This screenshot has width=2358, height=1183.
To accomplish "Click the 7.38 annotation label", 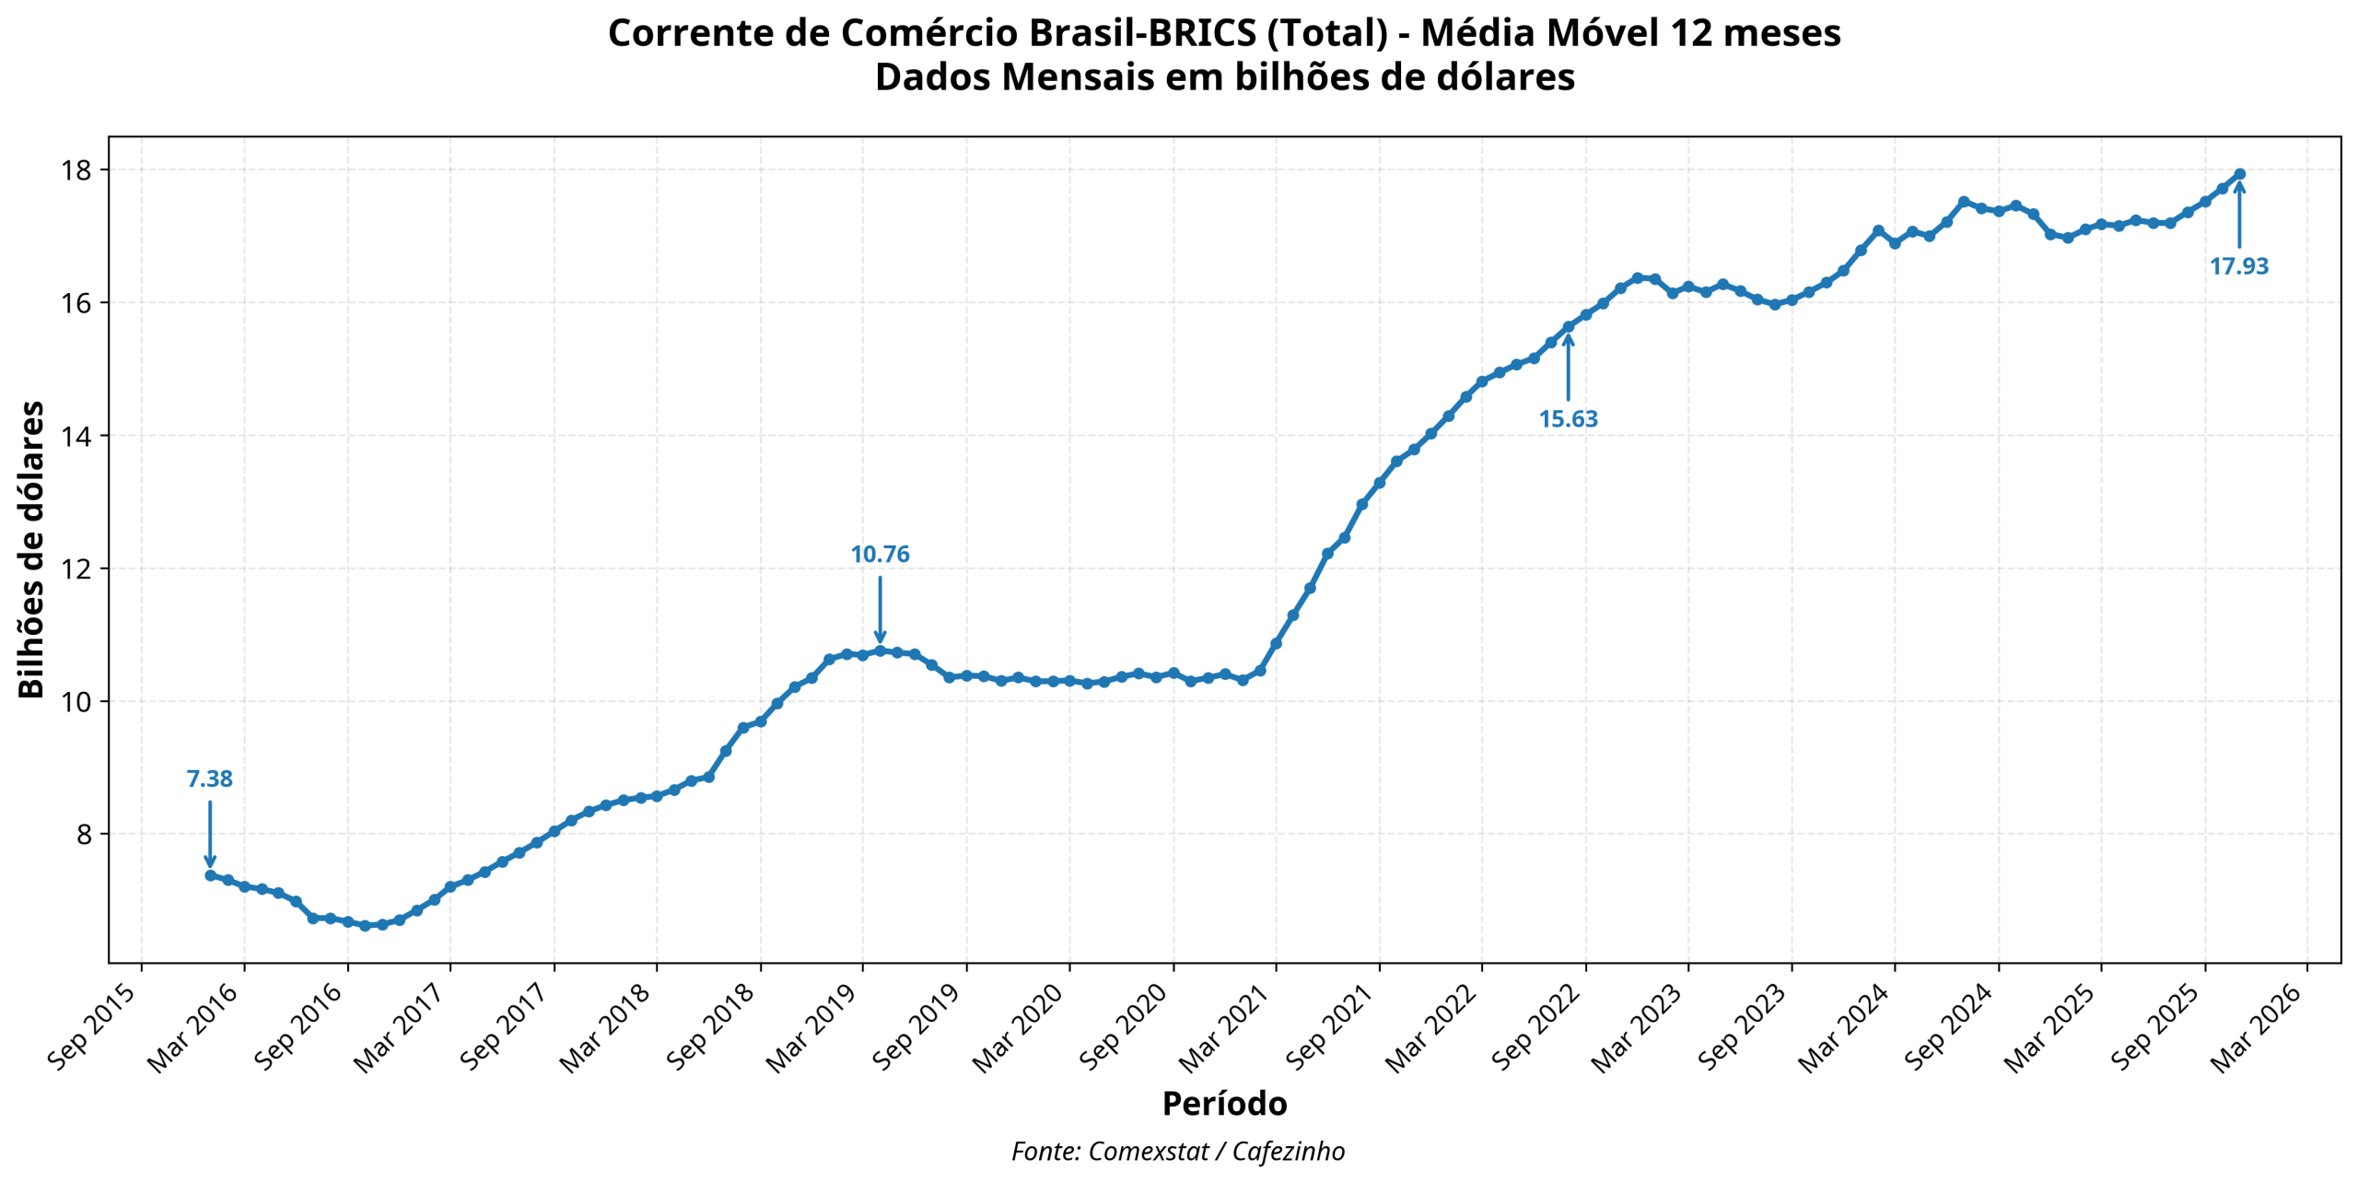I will [x=209, y=779].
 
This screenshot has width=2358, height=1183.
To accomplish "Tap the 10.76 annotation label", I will [x=880, y=555].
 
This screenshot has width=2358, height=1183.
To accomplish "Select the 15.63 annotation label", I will [x=1568, y=419].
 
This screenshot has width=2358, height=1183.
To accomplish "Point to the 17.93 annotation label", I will [x=2239, y=266].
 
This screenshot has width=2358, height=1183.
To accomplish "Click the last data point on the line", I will [x=2239, y=174].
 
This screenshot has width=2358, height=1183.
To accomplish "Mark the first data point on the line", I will [x=210, y=875].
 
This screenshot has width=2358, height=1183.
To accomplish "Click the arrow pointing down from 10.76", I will [x=880, y=609].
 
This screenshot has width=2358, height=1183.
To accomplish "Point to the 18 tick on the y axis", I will [x=78, y=170].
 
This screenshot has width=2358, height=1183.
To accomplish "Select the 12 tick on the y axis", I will [x=78, y=569].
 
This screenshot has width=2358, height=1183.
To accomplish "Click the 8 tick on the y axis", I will [x=85, y=835].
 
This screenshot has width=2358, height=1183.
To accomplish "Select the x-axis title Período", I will [x=1224, y=1104].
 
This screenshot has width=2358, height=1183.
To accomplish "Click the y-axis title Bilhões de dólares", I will [x=32, y=549].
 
